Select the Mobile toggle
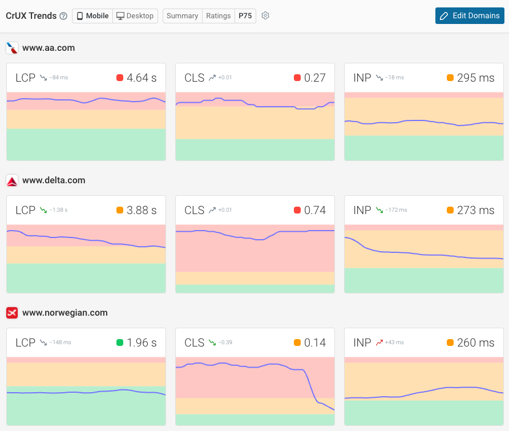pos(92,16)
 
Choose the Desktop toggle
pos(135,16)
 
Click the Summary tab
pos(183,16)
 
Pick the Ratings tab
pos(219,16)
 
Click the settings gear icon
pos(265,16)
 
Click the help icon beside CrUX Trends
pos(63,16)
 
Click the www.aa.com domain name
pos(49,48)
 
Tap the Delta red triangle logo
pos(12,180)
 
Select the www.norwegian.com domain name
pos(64,313)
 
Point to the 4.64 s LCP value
pos(142,78)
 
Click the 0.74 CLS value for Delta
pos(315,211)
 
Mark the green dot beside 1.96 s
pos(119,343)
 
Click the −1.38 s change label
pos(58,211)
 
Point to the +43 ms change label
pos(394,343)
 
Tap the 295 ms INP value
pos(475,78)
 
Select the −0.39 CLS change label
pos(225,343)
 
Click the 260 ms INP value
pos(475,343)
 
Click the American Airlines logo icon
pos(12,48)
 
